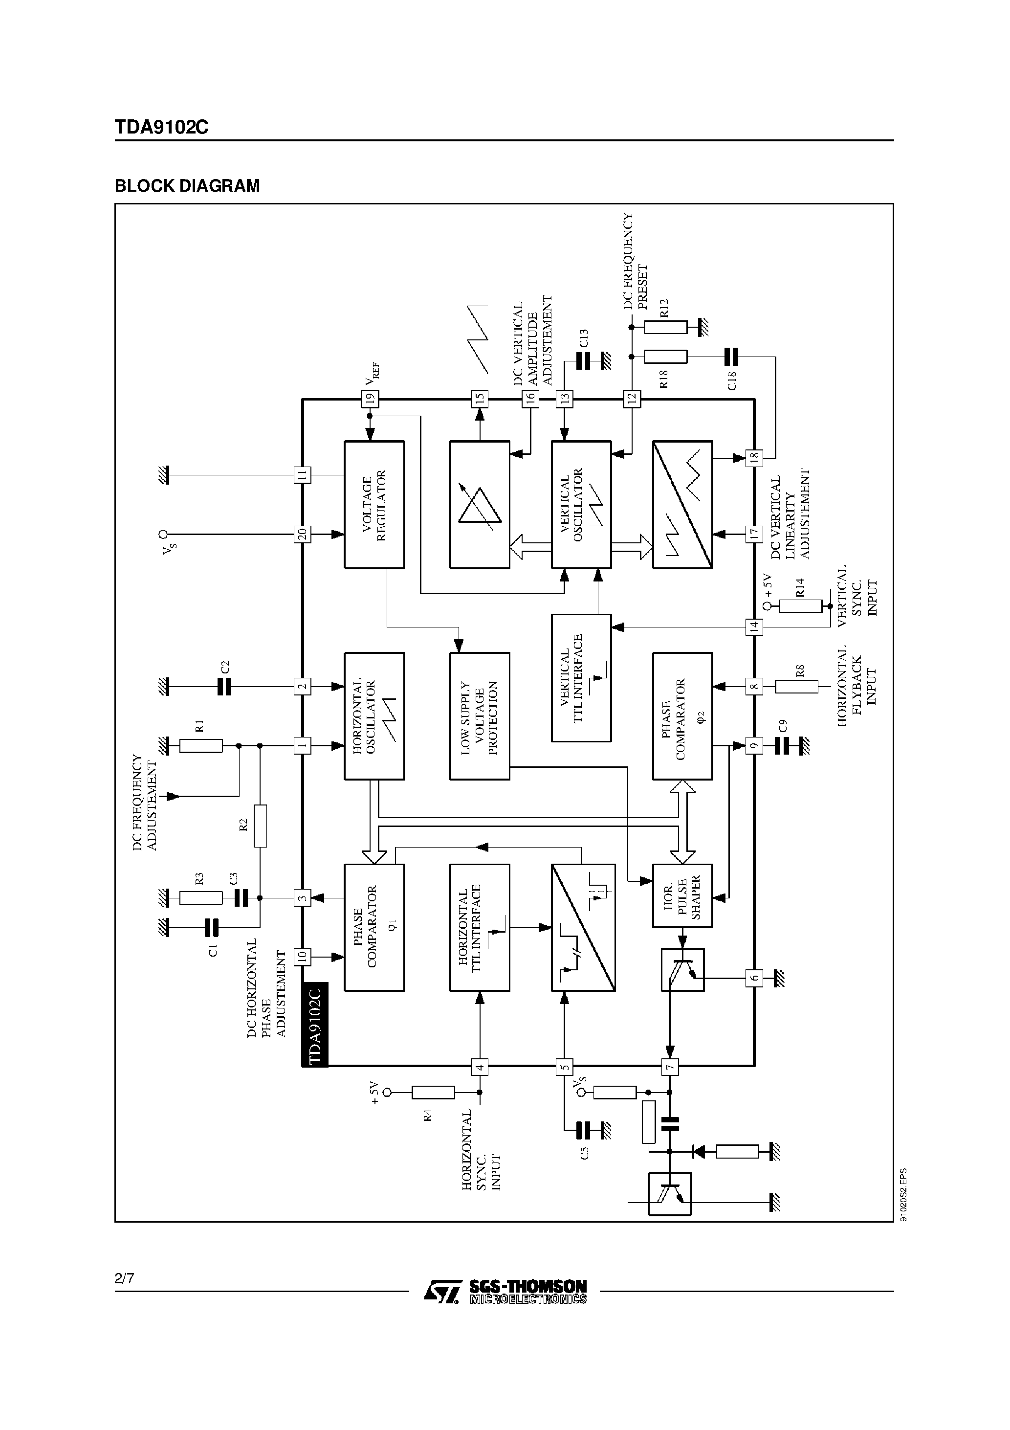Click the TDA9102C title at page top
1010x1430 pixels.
tap(161, 128)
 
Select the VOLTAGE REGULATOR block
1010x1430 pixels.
tap(374, 505)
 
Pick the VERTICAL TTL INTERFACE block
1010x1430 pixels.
tap(581, 678)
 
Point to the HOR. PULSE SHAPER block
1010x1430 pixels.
tap(682, 895)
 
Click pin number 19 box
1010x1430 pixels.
tap(370, 399)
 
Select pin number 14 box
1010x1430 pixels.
tap(754, 626)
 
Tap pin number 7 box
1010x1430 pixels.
tap(670, 1068)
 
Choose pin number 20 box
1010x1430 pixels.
tap(302, 534)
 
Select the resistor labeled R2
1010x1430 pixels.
tap(260, 826)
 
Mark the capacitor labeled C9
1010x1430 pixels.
tap(782, 745)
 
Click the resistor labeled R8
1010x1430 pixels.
tap(796, 686)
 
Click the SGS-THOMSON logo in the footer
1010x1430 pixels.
tap(505, 1292)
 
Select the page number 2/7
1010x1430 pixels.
tap(124, 1279)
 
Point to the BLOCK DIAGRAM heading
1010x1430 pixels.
tap(187, 186)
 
